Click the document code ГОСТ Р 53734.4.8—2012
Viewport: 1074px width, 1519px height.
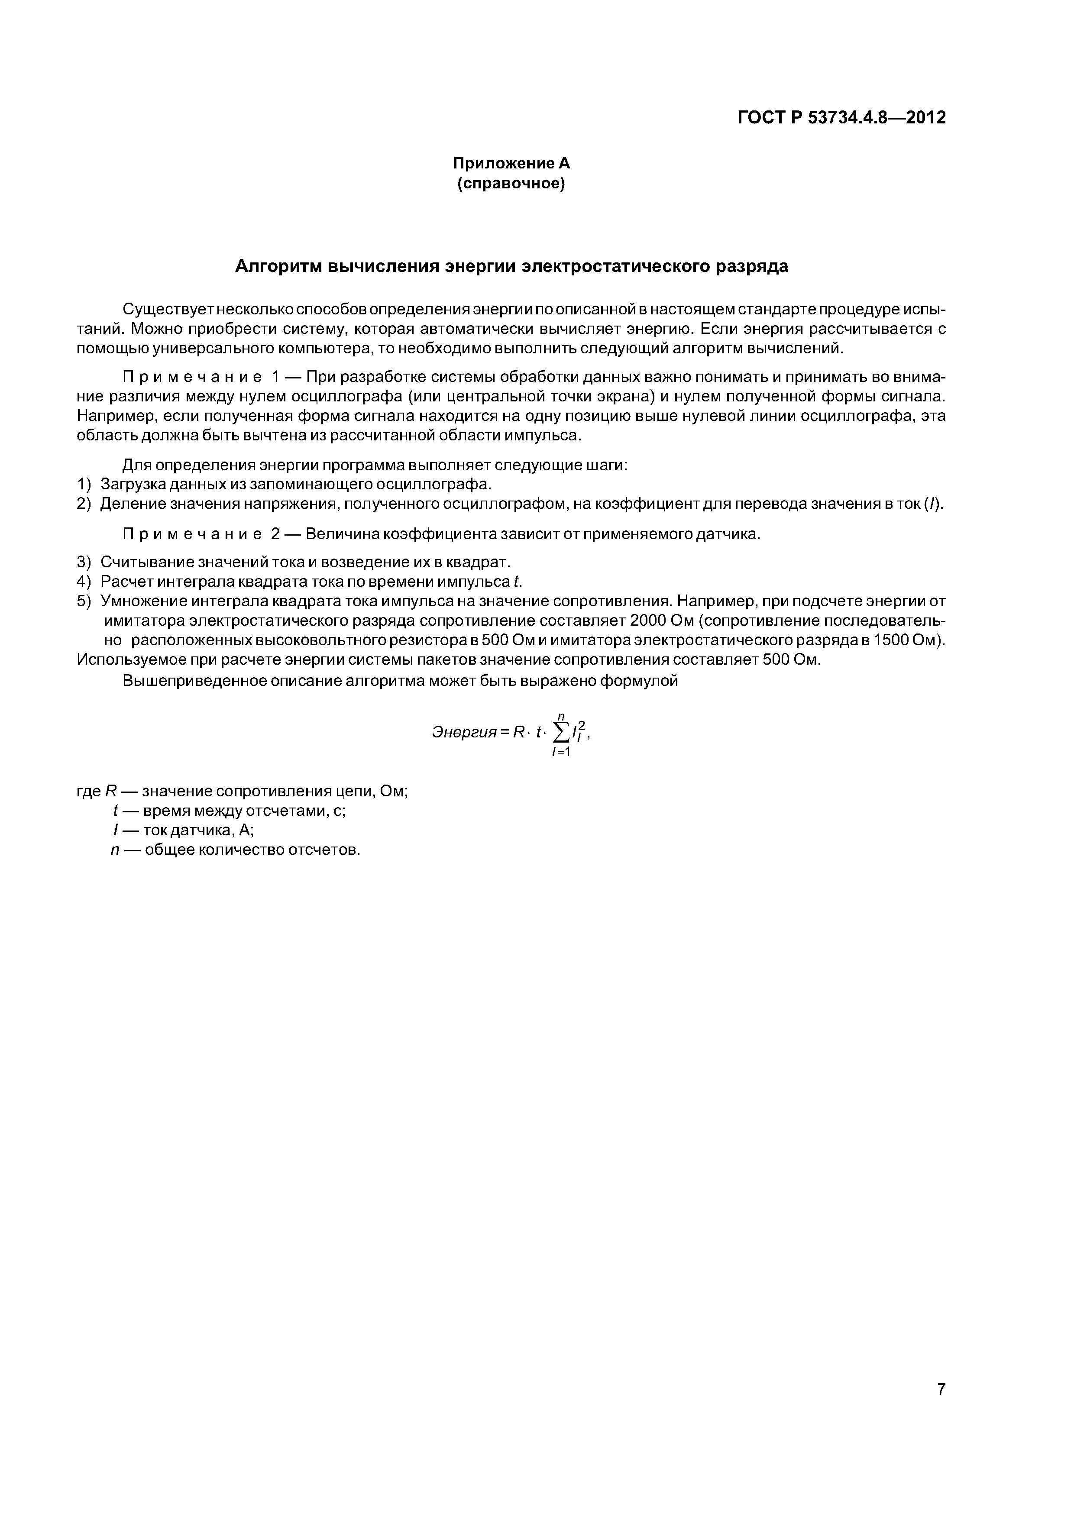coord(842,118)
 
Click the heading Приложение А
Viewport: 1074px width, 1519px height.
coord(511,163)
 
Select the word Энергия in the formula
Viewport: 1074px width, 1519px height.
coord(463,732)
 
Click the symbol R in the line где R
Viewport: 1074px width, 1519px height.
coord(110,791)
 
